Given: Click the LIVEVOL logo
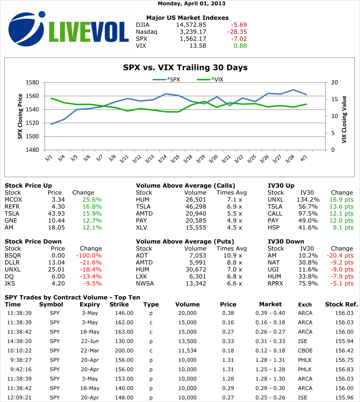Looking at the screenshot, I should (69, 30).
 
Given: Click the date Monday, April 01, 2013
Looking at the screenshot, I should (192, 4).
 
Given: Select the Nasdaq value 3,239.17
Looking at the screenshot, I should (193, 32).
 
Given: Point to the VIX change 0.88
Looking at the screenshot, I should (240, 46).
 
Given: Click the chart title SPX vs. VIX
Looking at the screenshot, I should (185, 68).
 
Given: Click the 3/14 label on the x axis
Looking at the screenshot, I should (162, 159).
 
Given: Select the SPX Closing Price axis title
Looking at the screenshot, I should (20, 117).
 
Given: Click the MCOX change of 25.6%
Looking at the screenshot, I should (92, 199).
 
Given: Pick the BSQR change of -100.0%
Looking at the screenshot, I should (91, 255).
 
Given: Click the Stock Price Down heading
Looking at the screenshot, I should (33, 241).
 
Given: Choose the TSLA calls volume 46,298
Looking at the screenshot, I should (195, 206).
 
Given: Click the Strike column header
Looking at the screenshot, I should (119, 304).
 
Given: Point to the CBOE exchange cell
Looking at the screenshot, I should (305, 351).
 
